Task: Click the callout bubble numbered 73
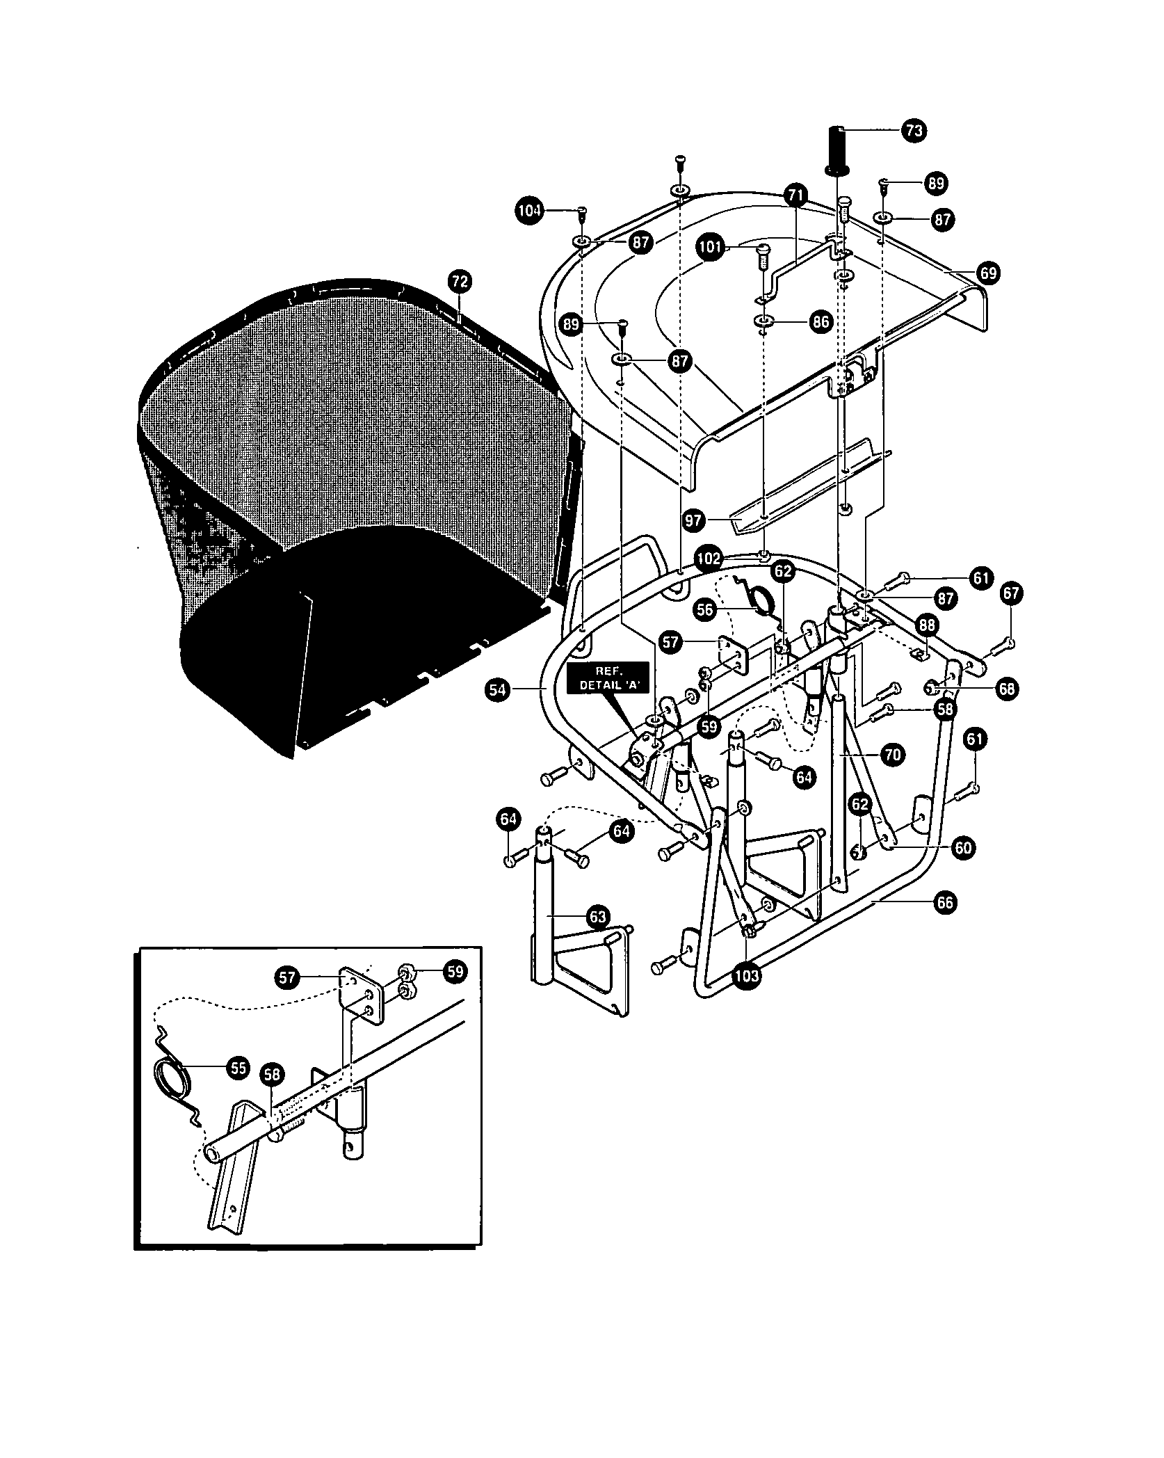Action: pyautogui.click(x=914, y=130)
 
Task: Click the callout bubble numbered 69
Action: pyautogui.click(x=988, y=273)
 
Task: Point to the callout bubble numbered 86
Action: pyautogui.click(x=821, y=321)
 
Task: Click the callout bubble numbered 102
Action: pyautogui.click(x=709, y=559)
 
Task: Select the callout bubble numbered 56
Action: pyautogui.click(x=706, y=610)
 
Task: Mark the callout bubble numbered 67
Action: pyautogui.click(x=1012, y=593)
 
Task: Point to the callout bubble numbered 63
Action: pyautogui.click(x=599, y=917)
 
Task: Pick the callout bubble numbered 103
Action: pyautogui.click(x=746, y=975)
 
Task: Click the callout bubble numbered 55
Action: pyautogui.click(x=238, y=1068)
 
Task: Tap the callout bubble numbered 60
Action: pyautogui.click(x=963, y=847)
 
